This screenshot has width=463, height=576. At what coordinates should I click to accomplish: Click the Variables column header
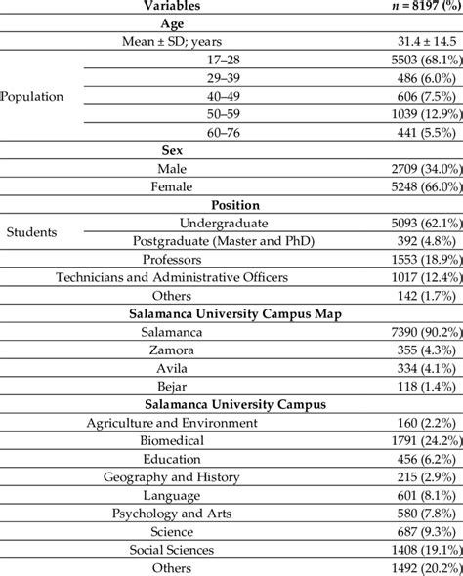172,6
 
